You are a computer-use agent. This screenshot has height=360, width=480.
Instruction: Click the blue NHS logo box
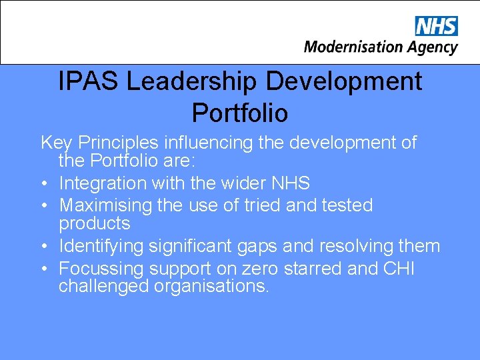tap(437, 26)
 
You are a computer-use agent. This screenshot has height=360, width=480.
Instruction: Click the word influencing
tap(209, 143)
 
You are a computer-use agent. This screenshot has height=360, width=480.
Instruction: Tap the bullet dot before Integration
tap(43, 183)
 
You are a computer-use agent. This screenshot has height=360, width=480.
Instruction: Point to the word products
tap(95, 223)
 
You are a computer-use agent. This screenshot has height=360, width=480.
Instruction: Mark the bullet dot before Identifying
tap(43, 247)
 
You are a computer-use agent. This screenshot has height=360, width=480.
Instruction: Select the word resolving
tap(359, 246)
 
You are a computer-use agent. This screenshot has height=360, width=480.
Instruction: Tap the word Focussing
tap(101, 269)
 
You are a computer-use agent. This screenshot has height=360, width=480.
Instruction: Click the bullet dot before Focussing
tap(43, 269)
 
